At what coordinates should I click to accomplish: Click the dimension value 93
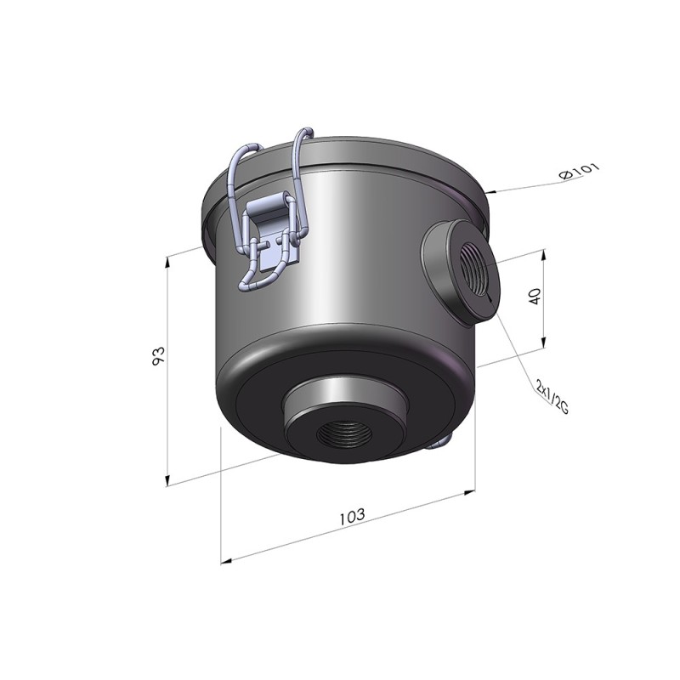pyautogui.click(x=159, y=355)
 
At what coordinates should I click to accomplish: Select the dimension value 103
pyautogui.click(x=352, y=516)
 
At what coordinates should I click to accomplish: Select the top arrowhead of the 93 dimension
pyautogui.click(x=167, y=262)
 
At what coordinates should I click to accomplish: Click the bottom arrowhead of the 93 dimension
pyautogui.click(x=167, y=480)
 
